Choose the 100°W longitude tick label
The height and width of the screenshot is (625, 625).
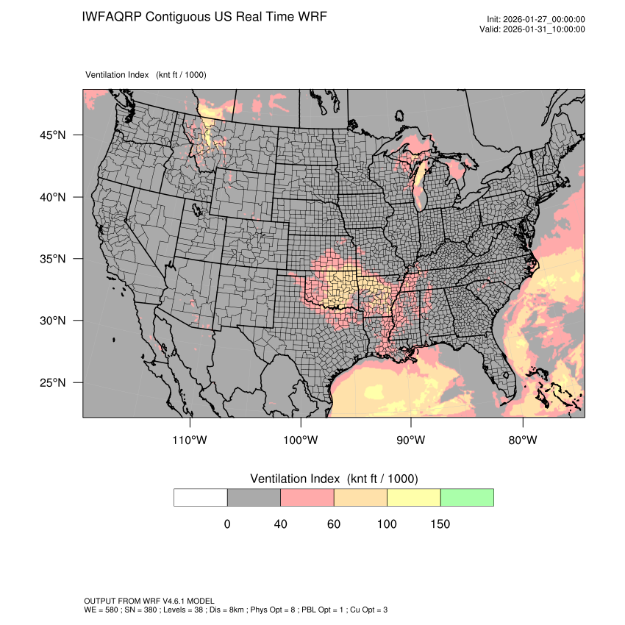click(301, 440)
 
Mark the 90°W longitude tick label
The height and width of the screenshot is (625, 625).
click(411, 440)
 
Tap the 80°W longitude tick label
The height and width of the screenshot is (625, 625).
click(522, 440)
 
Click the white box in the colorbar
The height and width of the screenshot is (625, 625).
click(201, 497)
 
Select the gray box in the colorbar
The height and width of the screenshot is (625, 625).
click(254, 497)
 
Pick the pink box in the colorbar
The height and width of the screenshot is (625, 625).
click(307, 497)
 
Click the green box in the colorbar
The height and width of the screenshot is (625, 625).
click(467, 497)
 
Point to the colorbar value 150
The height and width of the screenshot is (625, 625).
click(440, 524)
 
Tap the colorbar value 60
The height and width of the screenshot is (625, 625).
click(334, 524)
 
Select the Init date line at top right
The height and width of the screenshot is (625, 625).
click(536, 20)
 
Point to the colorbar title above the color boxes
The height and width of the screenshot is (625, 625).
click(334, 479)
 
